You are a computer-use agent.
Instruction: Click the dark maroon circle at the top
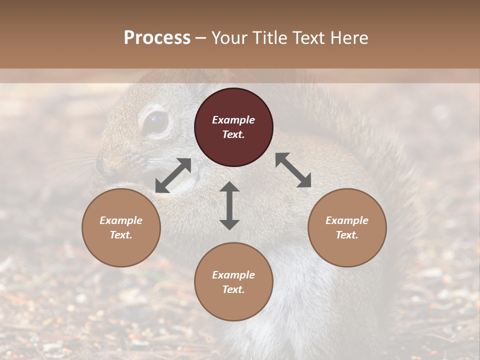point(233,127)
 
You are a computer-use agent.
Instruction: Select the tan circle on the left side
point(121,227)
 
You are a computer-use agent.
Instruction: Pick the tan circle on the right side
point(346,227)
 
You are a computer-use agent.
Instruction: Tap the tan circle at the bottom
point(233,282)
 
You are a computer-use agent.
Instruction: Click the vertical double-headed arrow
point(229,205)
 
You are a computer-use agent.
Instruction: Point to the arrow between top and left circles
point(173,175)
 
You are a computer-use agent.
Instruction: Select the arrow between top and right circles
point(293,170)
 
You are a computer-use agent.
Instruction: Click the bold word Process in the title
point(157,37)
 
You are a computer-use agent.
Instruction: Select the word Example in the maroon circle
point(233,120)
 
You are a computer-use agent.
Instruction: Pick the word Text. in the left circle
point(121,235)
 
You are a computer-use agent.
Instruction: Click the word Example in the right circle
point(346,220)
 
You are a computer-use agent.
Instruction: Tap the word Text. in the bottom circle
point(233,289)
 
